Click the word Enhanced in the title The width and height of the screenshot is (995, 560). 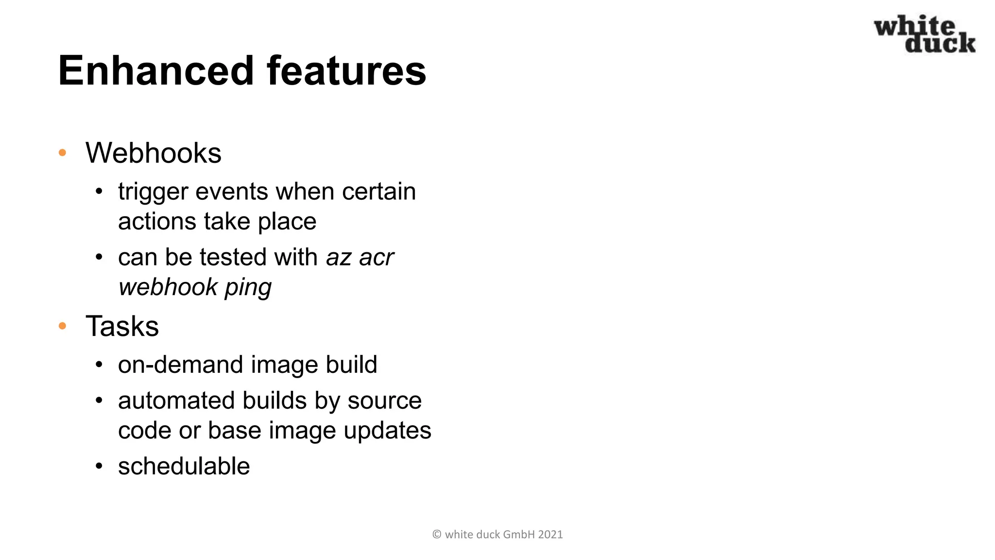(x=156, y=71)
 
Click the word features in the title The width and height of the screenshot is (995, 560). (x=346, y=71)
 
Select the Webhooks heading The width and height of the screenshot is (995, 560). (x=154, y=153)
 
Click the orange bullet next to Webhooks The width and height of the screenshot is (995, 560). (x=62, y=153)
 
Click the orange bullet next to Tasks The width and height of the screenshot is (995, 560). (x=62, y=326)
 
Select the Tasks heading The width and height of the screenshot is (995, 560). (x=122, y=326)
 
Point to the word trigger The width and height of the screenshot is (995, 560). (x=153, y=192)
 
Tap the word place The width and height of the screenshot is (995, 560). (x=287, y=222)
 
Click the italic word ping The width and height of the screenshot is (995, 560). (x=248, y=287)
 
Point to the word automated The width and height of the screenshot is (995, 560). (x=176, y=401)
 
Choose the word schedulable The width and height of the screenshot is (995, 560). (x=184, y=467)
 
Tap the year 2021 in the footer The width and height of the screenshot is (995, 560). (x=550, y=535)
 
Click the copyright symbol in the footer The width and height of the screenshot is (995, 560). (x=437, y=535)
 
